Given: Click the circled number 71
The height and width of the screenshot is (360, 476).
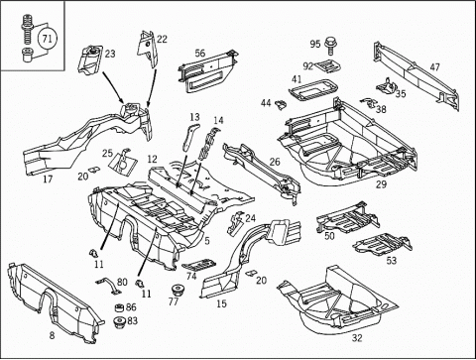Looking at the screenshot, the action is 48,39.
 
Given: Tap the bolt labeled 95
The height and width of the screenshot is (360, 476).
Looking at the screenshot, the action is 330,46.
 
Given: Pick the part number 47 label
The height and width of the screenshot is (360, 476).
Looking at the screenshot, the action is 435,67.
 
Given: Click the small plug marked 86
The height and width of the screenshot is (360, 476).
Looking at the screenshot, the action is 119,307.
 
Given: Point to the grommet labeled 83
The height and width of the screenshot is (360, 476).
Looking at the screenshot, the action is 119,322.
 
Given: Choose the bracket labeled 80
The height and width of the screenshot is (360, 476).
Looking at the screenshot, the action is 108,286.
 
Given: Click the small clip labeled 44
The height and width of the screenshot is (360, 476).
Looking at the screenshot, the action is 281,104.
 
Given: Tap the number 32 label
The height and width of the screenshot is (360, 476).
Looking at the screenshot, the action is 357,338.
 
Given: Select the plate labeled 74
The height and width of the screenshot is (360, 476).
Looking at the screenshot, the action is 198,265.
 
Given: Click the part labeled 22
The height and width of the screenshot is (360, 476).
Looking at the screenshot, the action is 148,49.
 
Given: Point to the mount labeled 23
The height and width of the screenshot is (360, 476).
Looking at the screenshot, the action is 90,60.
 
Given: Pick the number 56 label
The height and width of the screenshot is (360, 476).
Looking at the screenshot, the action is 200,53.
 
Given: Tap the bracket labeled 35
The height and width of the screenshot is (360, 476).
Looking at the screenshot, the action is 386,86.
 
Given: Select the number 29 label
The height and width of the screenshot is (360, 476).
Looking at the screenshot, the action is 381,184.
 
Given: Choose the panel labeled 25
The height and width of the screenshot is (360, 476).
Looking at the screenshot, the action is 123,163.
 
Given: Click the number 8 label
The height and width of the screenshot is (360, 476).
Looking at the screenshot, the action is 52,336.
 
